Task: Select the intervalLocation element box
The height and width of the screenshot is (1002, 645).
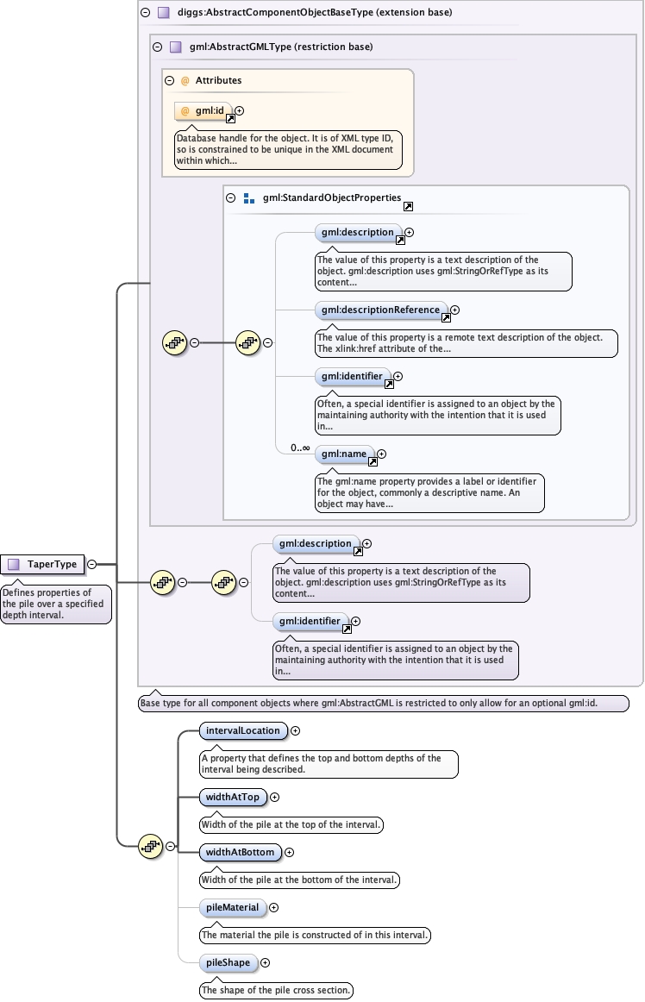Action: tap(242, 731)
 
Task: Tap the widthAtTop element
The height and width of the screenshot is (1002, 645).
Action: tap(232, 798)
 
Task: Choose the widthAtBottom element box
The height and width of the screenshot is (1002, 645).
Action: tap(240, 853)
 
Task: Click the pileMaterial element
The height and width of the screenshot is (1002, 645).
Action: tap(231, 907)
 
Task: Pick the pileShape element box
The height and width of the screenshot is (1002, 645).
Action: tap(227, 962)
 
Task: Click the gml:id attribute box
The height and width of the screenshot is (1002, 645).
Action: tap(204, 111)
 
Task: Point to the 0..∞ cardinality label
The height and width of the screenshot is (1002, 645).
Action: tap(300, 448)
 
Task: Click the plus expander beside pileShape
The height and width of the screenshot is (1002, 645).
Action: tap(265, 962)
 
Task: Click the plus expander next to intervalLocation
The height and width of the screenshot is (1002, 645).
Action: tap(295, 731)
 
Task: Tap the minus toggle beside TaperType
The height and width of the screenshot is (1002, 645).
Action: tap(91, 565)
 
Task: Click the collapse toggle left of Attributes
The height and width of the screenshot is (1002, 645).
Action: tap(170, 81)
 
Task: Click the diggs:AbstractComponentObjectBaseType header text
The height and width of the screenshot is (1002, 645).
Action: tap(315, 13)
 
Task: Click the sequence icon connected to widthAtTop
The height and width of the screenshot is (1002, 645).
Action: tap(151, 847)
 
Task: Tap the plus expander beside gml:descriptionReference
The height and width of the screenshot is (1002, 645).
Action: tap(455, 310)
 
